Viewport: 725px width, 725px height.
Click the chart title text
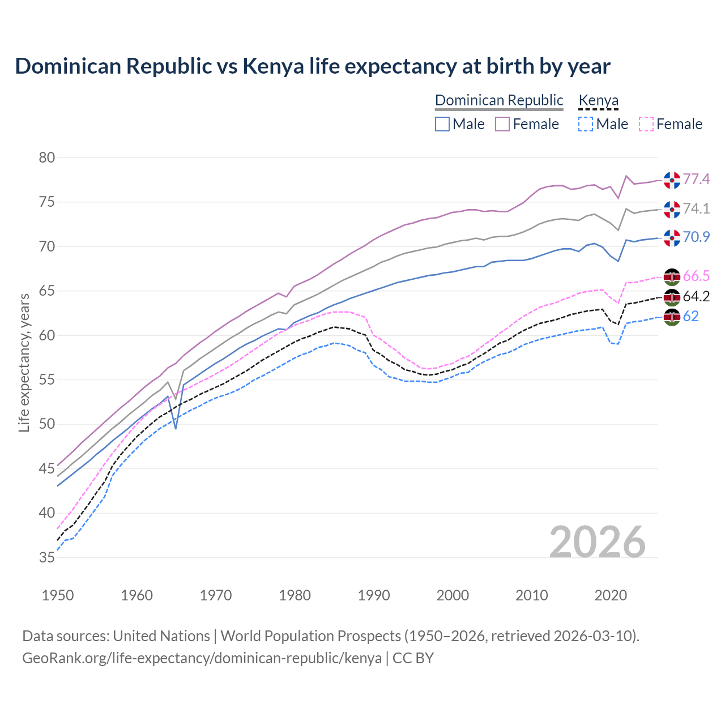point(312,66)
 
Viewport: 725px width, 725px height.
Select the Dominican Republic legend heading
point(499,100)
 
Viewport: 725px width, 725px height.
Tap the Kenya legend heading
point(598,100)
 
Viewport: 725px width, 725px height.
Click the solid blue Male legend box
point(442,124)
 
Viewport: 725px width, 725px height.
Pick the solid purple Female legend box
point(502,124)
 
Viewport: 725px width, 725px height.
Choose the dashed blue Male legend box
point(586,124)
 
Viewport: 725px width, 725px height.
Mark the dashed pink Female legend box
point(646,124)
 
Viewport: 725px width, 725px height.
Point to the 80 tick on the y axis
point(47,157)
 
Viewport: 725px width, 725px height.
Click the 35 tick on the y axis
point(47,557)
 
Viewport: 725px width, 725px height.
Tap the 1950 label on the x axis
point(58,595)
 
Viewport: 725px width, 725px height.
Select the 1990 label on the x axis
point(374,595)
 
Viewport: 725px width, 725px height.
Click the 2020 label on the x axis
point(611,595)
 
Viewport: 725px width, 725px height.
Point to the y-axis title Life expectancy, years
point(24,362)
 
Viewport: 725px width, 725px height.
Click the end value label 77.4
point(696,180)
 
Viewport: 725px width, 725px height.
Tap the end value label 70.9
point(696,237)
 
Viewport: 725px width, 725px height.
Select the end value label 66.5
point(696,276)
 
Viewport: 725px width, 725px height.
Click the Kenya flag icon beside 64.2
point(672,297)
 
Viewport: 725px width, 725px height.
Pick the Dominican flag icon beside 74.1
point(672,209)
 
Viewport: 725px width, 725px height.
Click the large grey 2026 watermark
point(598,542)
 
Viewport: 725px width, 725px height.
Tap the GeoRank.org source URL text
point(202,658)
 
